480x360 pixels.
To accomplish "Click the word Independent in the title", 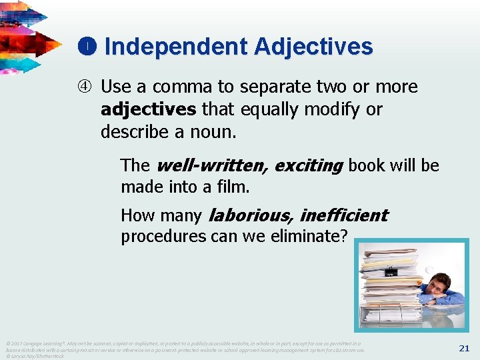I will [x=175, y=47].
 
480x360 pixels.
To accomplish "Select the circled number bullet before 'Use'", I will [x=87, y=87].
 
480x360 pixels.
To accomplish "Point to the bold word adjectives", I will [x=149, y=109].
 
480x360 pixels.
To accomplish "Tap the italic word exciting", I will [x=309, y=165].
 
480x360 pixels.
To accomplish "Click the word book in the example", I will [x=367, y=165].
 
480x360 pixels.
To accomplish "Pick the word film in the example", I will [x=233, y=187].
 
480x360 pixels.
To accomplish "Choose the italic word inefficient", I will [x=343, y=215].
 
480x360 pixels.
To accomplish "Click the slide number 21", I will [x=464, y=348].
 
